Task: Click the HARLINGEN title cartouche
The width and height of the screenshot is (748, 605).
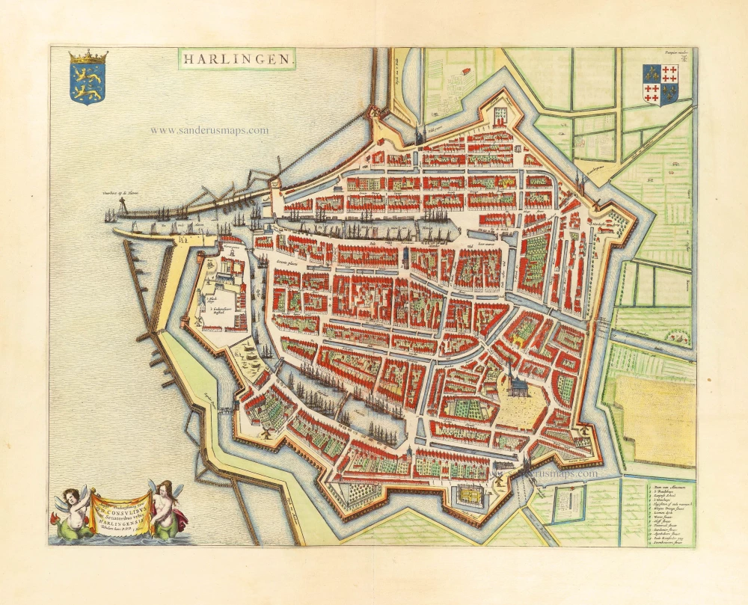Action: (237, 59)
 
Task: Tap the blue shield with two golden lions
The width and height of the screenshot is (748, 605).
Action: (88, 82)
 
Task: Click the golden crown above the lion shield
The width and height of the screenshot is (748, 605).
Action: (88, 57)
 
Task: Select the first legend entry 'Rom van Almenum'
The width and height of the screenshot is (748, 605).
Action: (661, 486)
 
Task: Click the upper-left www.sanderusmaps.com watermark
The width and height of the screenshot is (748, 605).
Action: (209, 130)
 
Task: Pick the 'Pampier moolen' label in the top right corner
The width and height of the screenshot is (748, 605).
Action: (675, 54)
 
